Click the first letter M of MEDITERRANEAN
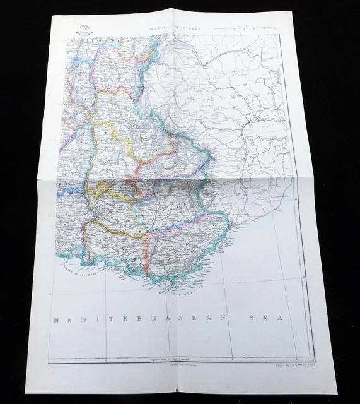pyautogui.click(x=57, y=320)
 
